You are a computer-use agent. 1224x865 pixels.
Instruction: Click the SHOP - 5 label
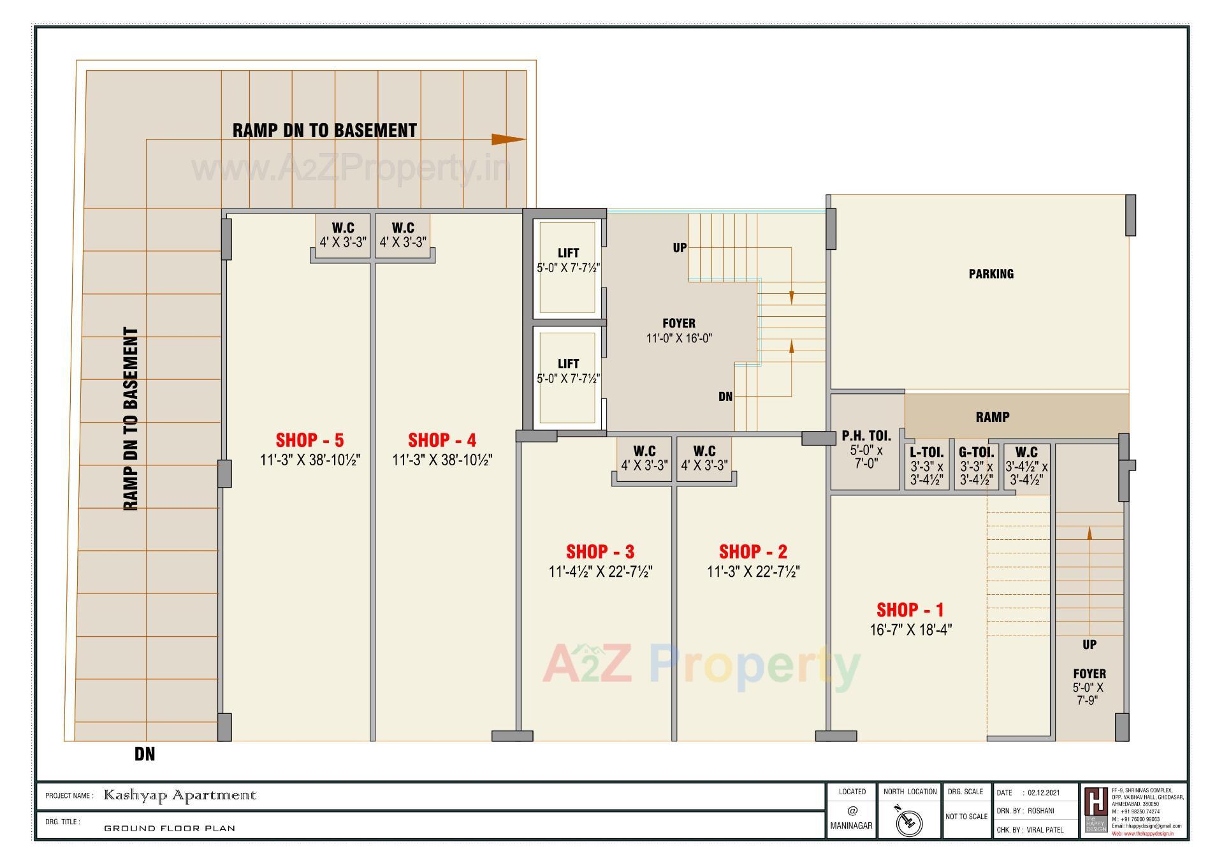[309, 440]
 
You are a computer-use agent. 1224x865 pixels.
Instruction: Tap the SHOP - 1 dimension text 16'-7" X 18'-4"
[910, 630]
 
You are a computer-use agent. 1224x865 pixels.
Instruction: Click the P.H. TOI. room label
[866, 436]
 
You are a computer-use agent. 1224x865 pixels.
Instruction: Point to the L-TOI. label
[926, 453]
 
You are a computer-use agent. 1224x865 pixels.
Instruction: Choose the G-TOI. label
[976, 453]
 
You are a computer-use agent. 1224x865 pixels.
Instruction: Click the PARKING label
[991, 274]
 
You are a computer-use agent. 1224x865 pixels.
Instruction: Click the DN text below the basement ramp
[145, 754]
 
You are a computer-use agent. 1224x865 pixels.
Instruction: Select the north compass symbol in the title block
[909, 822]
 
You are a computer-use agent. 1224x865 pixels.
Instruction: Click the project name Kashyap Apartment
[180, 796]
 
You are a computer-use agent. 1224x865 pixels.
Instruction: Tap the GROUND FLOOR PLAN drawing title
[170, 829]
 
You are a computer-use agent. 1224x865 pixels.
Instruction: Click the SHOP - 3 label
[600, 551]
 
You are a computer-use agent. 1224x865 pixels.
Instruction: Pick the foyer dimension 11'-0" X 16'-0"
[679, 338]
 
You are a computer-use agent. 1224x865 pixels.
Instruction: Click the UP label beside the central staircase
[680, 247]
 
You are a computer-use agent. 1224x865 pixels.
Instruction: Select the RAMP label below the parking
[992, 417]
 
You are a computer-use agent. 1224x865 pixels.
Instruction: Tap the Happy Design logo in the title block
[1096, 810]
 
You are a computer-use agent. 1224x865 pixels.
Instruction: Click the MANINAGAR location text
[851, 825]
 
